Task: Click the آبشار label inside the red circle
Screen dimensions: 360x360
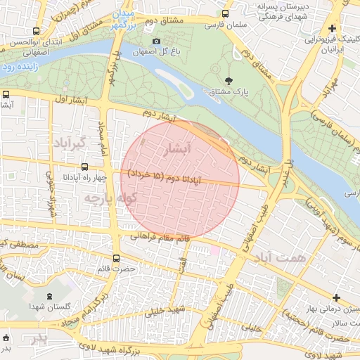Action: (x=176, y=149)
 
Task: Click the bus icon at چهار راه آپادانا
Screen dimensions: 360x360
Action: (x=85, y=167)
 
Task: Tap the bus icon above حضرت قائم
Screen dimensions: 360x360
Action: (x=117, y=257)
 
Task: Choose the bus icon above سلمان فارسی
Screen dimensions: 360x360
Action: (x=225, y=14)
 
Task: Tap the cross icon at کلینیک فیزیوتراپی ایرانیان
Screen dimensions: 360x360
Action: (x=332, y=29)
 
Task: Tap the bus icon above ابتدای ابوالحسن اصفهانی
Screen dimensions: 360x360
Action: (x=36, y=31)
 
